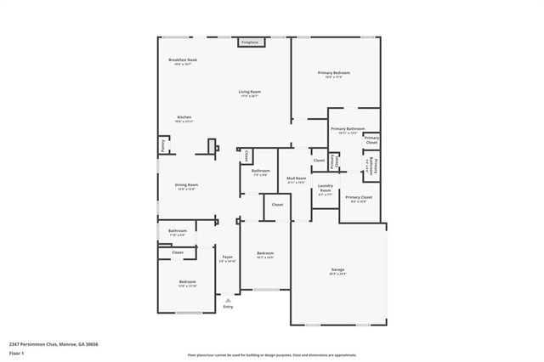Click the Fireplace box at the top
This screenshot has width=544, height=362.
coord(249,42)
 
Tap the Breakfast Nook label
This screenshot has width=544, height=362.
coord(183,59)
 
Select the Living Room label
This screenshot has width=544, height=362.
coord(249,91)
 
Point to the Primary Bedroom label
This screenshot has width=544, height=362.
coord(334,73)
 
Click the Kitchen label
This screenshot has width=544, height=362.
coord(184,117)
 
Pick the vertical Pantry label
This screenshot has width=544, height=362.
coord(162,145)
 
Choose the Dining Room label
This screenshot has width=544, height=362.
coord(187,184)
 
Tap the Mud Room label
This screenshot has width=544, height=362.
coord(296,178)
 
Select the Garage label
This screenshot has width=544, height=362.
coord(338,270)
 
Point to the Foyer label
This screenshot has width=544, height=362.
coord(228,257)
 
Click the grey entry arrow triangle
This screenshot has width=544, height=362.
coord(228,299)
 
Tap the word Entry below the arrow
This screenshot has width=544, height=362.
coord(228,307)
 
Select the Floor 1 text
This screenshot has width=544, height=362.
coord(17,353)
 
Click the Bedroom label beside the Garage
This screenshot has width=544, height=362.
coord(266,253)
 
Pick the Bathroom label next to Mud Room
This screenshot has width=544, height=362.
coord(260,171)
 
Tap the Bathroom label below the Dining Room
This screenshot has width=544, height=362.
coord(177,230)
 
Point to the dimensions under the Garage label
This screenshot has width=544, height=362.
coord(338,275)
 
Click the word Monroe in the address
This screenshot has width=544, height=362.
coord(67,344)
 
